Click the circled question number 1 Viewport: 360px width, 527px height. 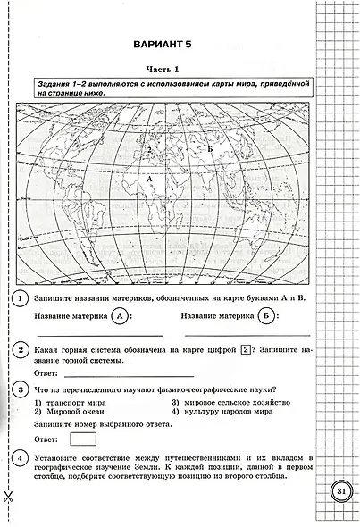click(20, 297)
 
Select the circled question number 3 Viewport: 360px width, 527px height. click(20, 390)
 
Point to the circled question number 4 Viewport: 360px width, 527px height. click(20, 457)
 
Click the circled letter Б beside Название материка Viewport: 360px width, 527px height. click(266, 315)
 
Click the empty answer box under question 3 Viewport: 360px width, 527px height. click(82, 438)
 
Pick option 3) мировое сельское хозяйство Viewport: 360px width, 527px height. click(223, 402)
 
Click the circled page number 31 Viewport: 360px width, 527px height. click(340, 491)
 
